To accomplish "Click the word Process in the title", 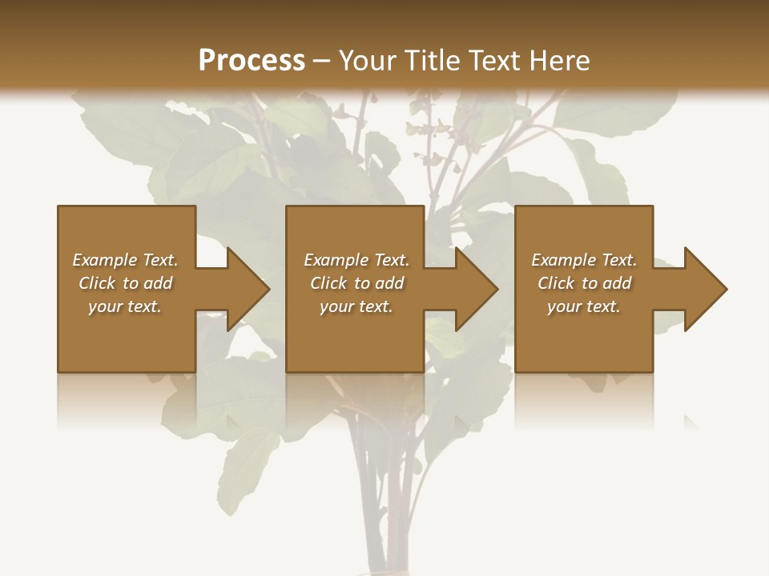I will point(252,61).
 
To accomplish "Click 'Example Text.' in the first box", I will point(125,260).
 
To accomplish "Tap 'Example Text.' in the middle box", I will point(356,260).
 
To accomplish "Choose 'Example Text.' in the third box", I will point(584,260).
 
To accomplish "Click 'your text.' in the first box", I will point(125,306).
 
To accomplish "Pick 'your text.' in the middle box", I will point(356,306).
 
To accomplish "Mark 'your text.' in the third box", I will point(584,306).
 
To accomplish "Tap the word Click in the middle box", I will point(328,283).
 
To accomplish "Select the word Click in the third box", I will point(556,283).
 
